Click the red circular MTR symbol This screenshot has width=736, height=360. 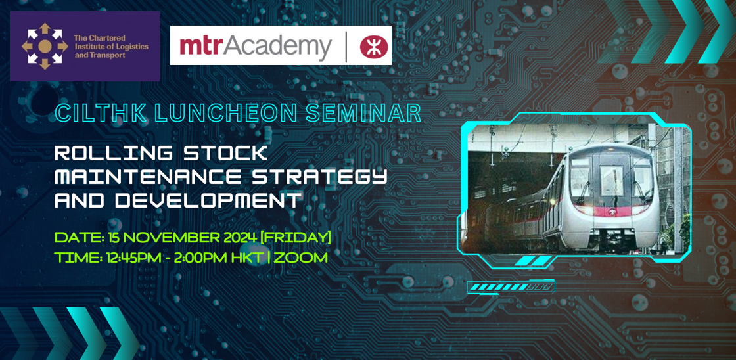pos(371,46)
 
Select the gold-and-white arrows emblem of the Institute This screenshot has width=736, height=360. pos(45,46)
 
